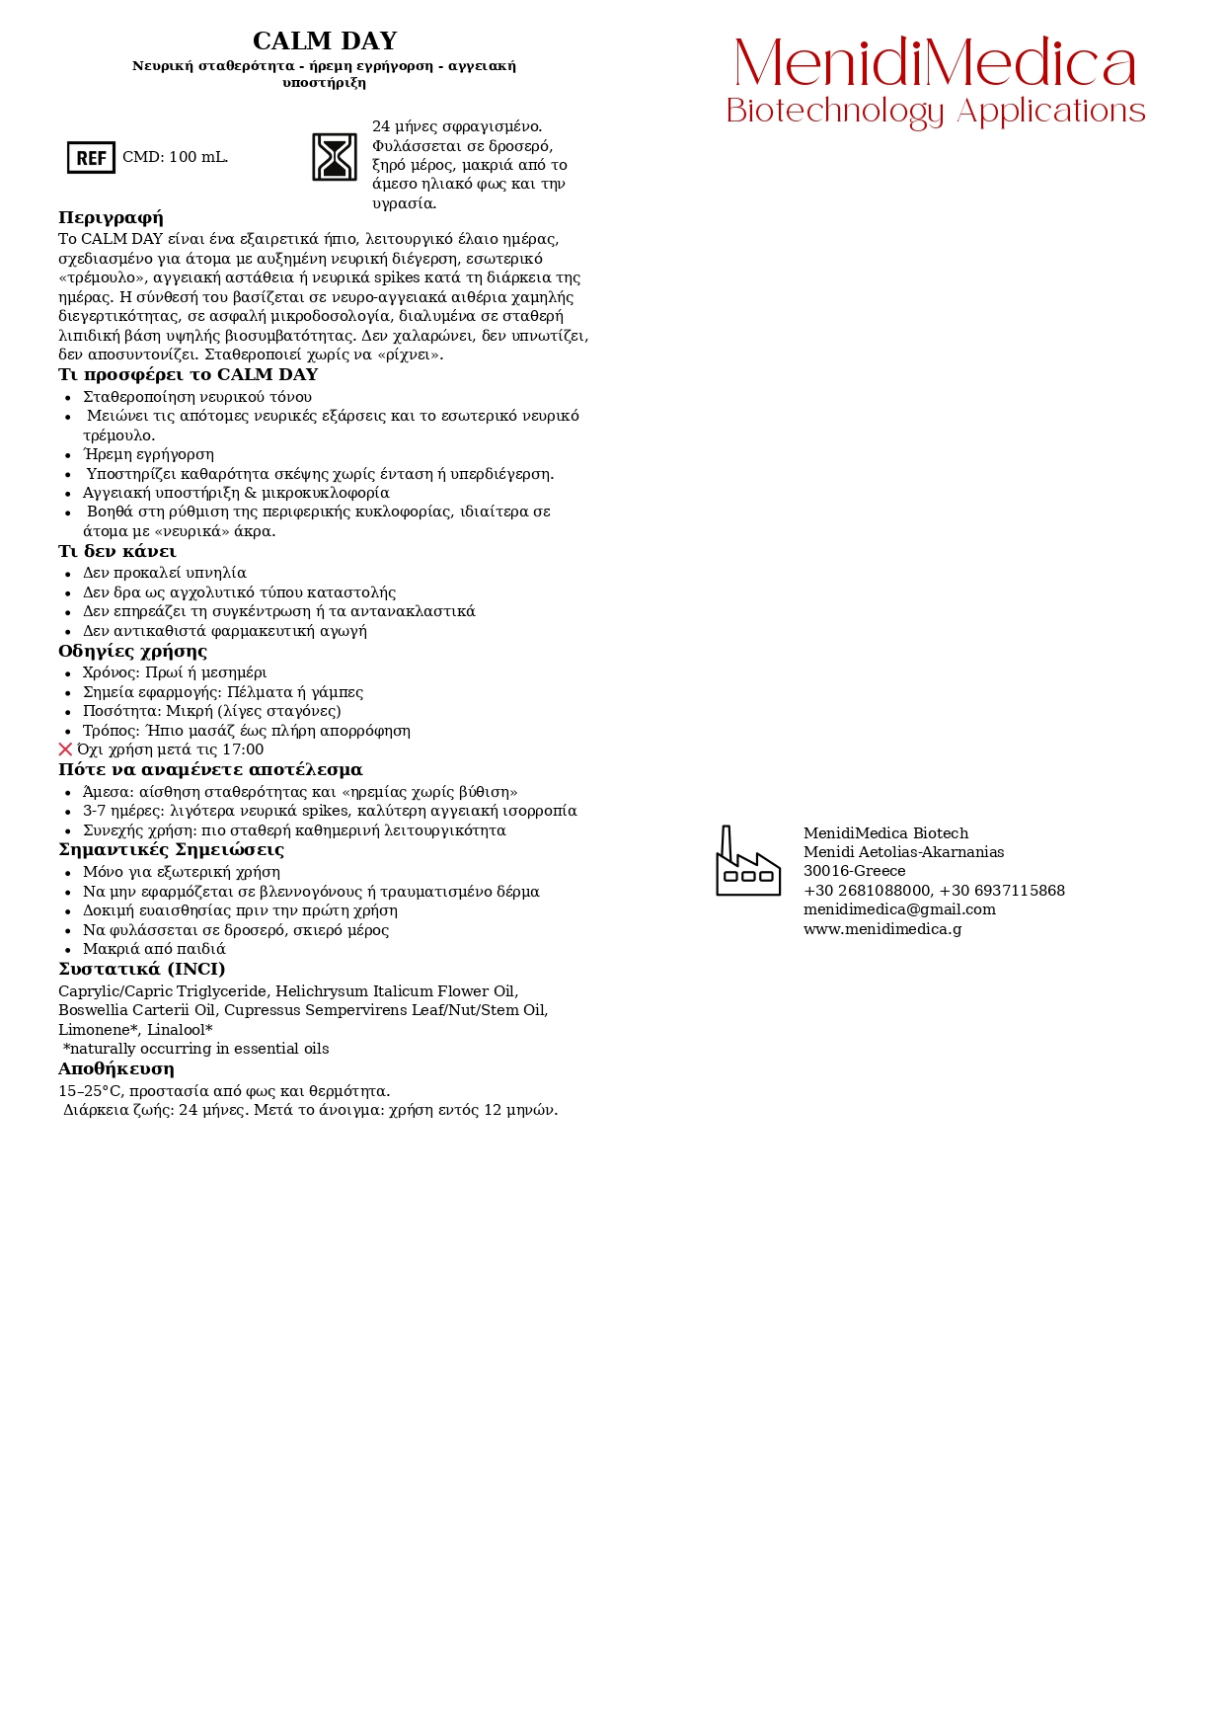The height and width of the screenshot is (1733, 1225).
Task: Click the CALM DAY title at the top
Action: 325,41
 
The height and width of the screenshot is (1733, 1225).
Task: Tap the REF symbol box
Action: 91,158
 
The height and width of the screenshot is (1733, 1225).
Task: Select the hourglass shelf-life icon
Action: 335,157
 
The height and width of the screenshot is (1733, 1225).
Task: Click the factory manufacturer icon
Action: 747,861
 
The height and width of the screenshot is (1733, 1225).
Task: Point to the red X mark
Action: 65,749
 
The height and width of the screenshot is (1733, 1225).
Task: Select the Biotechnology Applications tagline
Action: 935,111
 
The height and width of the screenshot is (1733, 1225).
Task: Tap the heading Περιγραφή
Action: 111,218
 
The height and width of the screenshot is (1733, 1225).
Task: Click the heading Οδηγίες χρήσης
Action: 132,652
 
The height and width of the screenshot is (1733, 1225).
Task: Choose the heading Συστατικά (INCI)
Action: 141,970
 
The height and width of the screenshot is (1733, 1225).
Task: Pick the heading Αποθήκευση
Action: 115,1069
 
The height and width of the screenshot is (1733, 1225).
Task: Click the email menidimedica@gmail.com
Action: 899,909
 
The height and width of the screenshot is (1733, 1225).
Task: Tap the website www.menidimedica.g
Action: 882,929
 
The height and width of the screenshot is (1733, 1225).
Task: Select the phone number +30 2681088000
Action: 867,891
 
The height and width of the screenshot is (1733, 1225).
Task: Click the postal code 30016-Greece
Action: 854,871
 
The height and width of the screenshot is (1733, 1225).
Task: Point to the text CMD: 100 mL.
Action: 175,158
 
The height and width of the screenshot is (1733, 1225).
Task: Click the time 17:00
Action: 242,750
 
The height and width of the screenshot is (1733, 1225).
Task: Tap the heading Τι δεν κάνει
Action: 116,552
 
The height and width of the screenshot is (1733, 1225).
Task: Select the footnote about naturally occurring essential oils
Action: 195,1049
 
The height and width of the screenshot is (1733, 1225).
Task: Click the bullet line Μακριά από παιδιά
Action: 154,949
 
